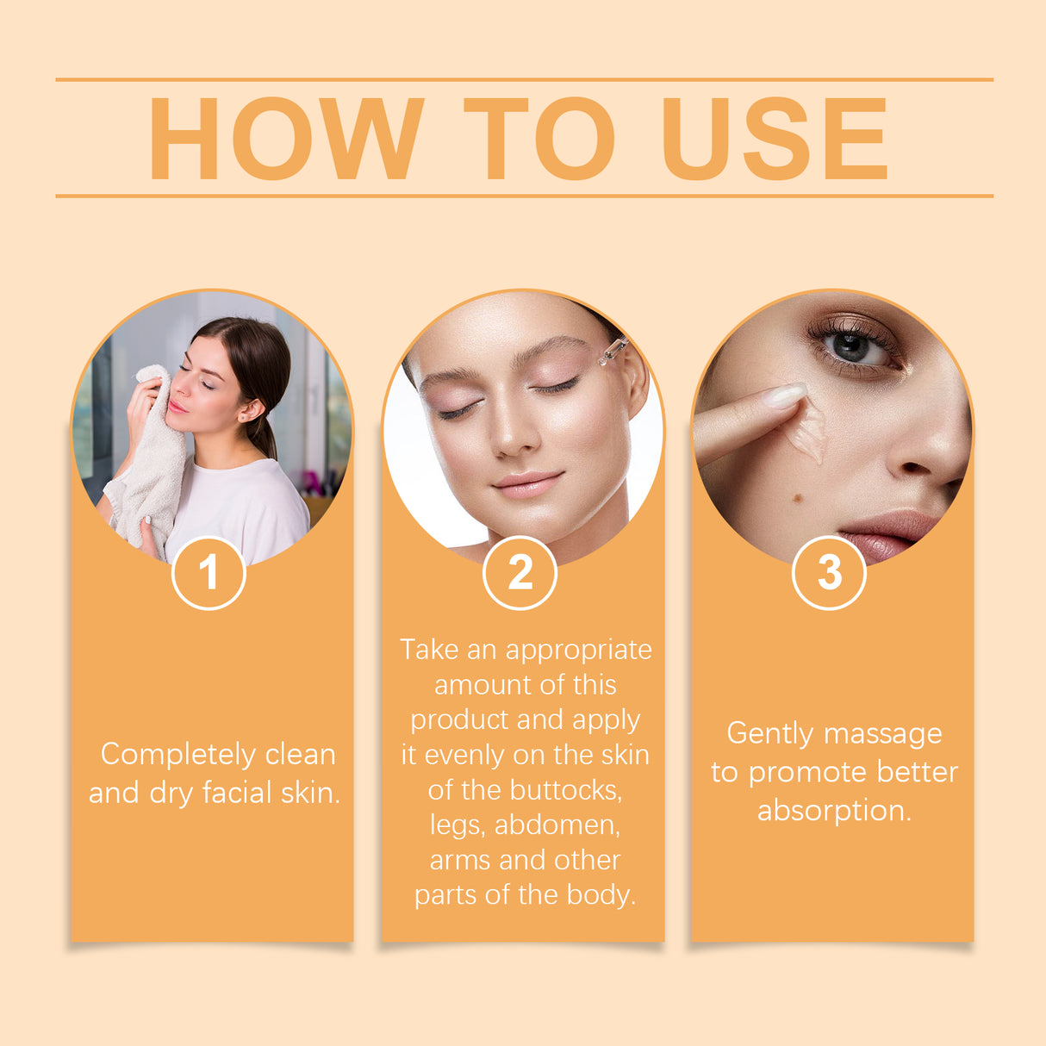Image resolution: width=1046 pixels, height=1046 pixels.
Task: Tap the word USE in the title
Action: click(774, 138)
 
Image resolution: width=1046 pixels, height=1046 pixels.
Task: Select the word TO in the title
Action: click(539, 138)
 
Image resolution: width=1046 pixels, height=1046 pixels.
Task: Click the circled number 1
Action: click(209, 573)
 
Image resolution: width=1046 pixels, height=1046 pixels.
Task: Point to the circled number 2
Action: click(520, 573)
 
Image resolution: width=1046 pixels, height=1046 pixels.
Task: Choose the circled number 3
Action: click(829, 573)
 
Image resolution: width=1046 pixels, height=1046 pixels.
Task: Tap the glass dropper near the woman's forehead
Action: click(613, 350)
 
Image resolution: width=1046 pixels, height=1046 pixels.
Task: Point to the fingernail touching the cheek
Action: click(786, 395)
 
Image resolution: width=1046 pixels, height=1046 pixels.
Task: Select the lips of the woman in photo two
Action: click(526, 484)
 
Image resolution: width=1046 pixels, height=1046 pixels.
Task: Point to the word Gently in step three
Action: click(769, 734)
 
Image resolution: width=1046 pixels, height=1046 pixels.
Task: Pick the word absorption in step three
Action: click(834, 811)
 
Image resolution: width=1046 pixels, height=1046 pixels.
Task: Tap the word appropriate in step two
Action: click(579, 651)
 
